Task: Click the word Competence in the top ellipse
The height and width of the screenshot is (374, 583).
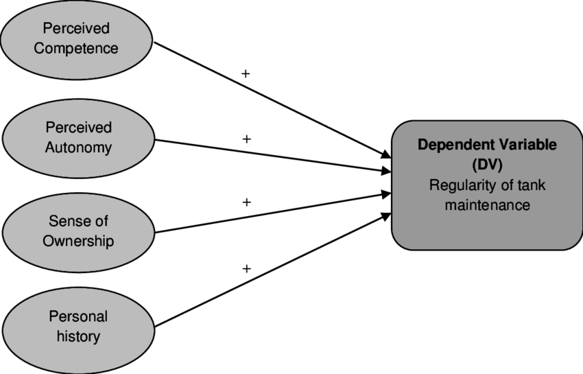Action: click(x=76, y=48)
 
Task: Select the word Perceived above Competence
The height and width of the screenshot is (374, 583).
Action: click(x=76, y=29)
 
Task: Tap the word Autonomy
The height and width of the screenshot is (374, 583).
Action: click(x=78, y=148)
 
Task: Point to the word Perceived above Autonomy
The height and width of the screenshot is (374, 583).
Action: click(x=78, y=128)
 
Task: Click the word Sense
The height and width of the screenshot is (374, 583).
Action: click(x=67, y=222)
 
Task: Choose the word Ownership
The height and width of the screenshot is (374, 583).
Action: click(x=78, y=241)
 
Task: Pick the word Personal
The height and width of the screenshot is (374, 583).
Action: click(x=78, y=316)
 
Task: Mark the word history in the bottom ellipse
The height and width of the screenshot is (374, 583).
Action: click(x=78, y=336)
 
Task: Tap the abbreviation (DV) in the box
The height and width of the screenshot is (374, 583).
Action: click(x=488, y=165)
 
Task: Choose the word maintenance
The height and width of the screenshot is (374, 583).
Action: click(x=488, y=204)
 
